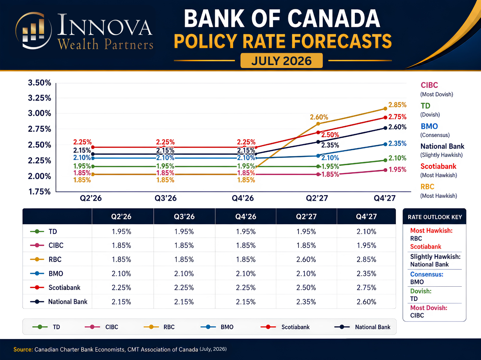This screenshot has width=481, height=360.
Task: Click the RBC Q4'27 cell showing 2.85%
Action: point(366,259)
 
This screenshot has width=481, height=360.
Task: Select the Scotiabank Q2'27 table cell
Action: point(306,287)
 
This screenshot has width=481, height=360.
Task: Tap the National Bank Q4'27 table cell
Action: point(366,302)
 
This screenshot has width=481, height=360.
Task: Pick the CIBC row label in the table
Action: point(56,245)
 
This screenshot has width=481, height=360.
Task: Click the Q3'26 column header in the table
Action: point(184,216)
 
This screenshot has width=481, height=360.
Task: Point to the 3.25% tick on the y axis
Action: point(39,98)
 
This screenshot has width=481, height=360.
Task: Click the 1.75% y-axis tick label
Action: point(39,192)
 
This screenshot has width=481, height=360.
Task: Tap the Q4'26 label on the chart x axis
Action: point(243,198)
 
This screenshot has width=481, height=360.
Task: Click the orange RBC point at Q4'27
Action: point(385,109)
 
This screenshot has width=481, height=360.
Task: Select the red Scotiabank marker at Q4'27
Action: point(385,118)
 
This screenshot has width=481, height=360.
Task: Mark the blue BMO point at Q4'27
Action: point(385,144)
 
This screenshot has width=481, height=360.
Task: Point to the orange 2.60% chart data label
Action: point(319,117)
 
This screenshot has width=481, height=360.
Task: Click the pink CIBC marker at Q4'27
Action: point(385,170)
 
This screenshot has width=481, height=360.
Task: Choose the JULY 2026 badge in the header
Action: point(281,61)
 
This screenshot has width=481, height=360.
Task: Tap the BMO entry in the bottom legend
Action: point(217,327)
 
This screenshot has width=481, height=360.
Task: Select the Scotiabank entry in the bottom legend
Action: point(285,327)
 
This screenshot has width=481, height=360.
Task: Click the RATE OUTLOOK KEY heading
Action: point(435,217)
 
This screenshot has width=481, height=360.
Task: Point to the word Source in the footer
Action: point(23,349)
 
